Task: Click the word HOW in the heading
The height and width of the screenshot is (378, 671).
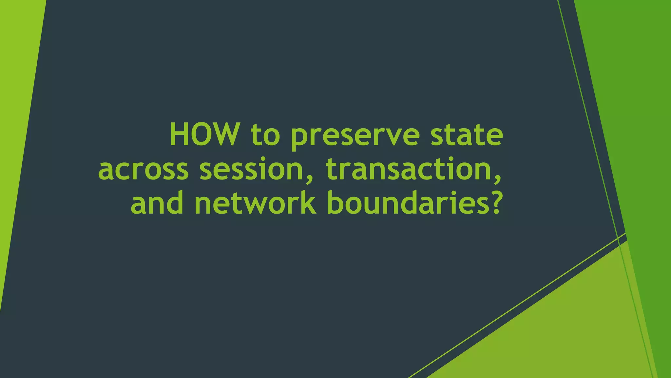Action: [203, 135]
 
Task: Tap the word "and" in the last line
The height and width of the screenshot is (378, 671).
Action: [157, 203]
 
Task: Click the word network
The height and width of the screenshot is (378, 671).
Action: [256, 203]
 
